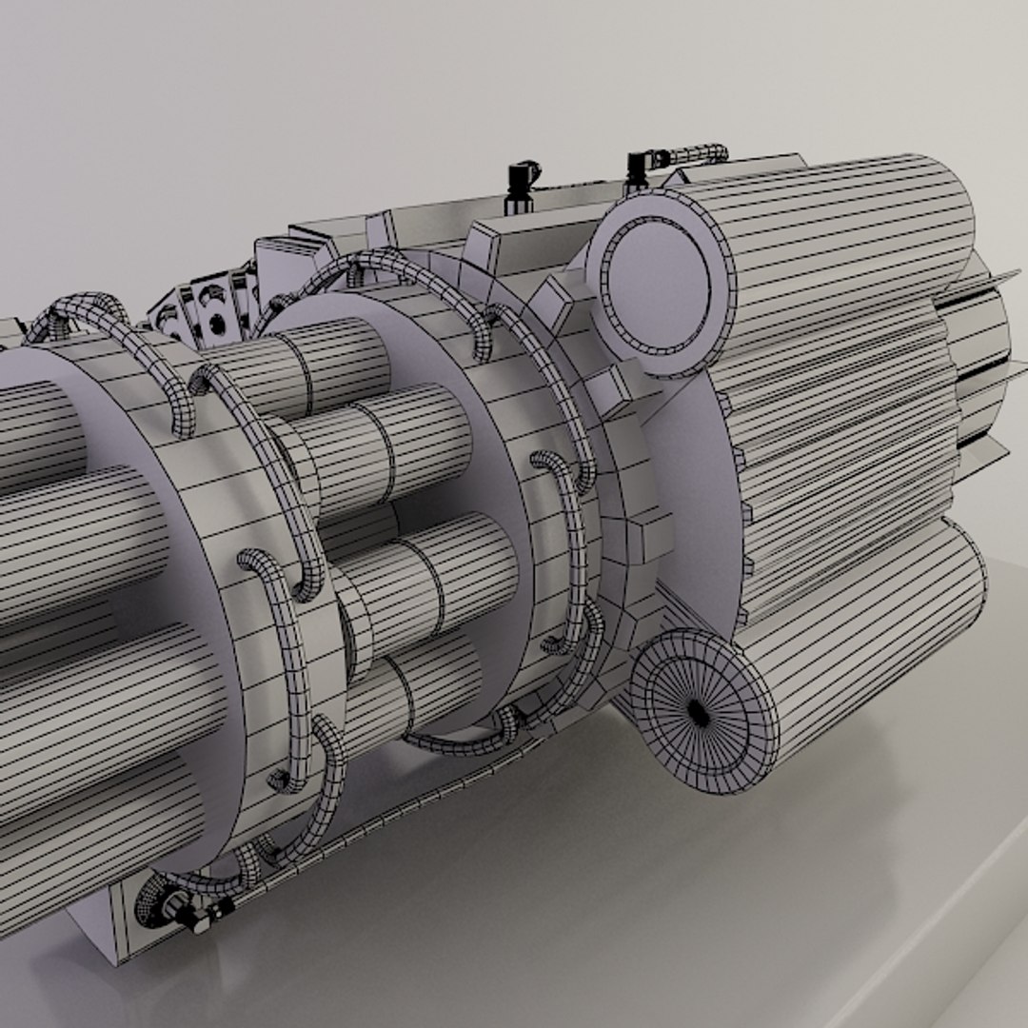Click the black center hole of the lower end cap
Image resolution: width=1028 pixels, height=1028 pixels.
point(700,712)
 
